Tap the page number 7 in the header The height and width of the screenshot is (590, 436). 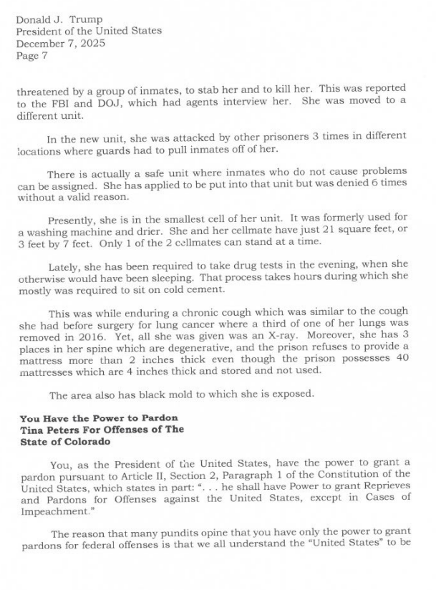44,55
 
